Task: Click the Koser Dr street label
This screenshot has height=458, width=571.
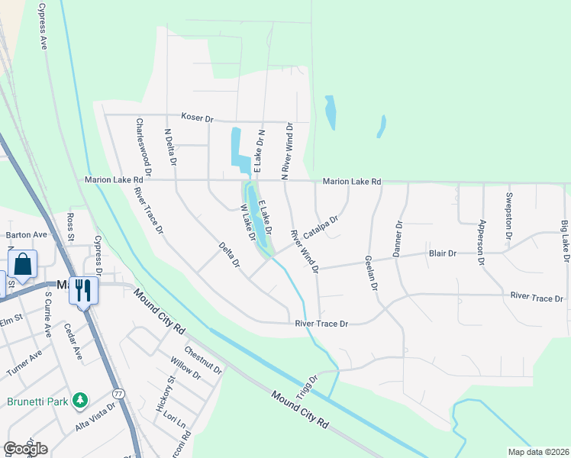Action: [x=197, y=118]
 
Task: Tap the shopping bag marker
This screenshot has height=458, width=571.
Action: [x=23, y=264]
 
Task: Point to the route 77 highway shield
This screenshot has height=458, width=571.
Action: [x=118, y=393]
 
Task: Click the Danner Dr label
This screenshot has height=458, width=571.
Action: [x=397, y=239]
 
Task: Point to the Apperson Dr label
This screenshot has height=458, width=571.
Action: [x=481, y=242]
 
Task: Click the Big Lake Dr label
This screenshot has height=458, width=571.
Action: [x=564, y=242]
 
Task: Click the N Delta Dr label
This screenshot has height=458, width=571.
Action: [x=170, y=147]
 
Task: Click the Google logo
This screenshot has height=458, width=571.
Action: [x=25, y=448]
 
